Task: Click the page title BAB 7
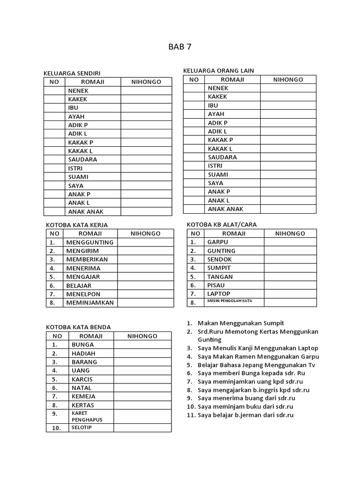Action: [x=180, y=46]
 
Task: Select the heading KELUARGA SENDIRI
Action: [x=72, y=73]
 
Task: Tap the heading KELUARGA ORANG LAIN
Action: [x=218, y=70]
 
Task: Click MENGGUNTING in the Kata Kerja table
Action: [x=90, y=242]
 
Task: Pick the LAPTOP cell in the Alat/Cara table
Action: [x=219, y=293]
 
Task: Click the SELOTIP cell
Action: [x=82, y=427]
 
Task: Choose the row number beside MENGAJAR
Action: [x=53, y=277]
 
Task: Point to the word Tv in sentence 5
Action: [x=312, y=365]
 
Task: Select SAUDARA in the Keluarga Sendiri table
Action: [x=82, y=159]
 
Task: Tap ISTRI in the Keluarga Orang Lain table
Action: [x=215, y=165]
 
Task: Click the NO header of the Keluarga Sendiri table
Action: [x=54, y=82]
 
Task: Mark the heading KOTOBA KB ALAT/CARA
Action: [x=222, y=225]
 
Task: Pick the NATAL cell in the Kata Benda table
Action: [x=82, y=388]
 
